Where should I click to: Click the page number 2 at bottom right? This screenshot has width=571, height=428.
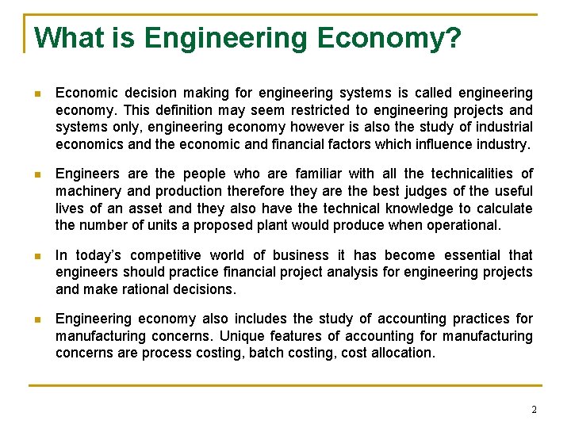coord(534,410)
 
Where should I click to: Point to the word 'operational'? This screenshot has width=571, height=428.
coord(460,224)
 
